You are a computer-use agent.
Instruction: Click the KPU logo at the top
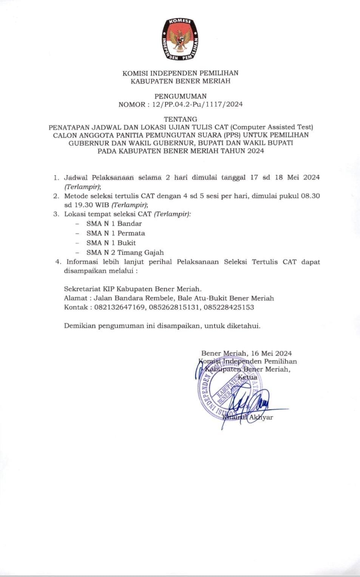[x=180, y=39]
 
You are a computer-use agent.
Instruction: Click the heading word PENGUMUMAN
[x=181, y=96]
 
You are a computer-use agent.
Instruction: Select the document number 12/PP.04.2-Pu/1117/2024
[x=197, y=105]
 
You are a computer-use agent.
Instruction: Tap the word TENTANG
[x=181, y=119]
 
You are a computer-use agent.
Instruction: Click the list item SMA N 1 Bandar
[x=114, y=224]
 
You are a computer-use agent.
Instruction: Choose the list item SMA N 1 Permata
[x=116, y=233]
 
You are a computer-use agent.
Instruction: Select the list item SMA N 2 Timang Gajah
[x=125, y=253]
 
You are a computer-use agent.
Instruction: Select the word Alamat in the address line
[x=76, y=298]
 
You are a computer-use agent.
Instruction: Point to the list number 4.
[x=58, y=262]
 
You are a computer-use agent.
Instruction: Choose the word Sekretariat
[x=83, y=289]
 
